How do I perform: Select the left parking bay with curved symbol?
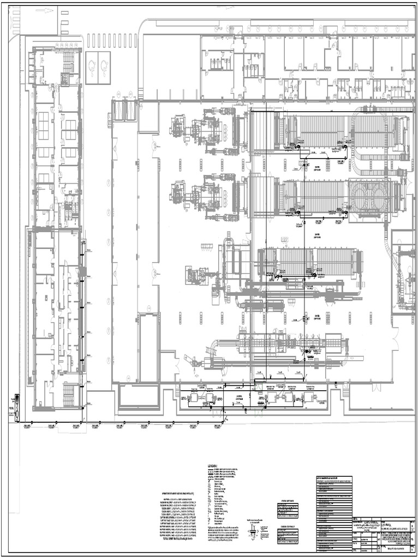[92, 68]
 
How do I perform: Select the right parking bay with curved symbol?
[104, 68]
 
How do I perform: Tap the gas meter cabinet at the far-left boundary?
[17, 407]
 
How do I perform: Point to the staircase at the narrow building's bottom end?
[68, 395]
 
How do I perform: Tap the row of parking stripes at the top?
[112, 40]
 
